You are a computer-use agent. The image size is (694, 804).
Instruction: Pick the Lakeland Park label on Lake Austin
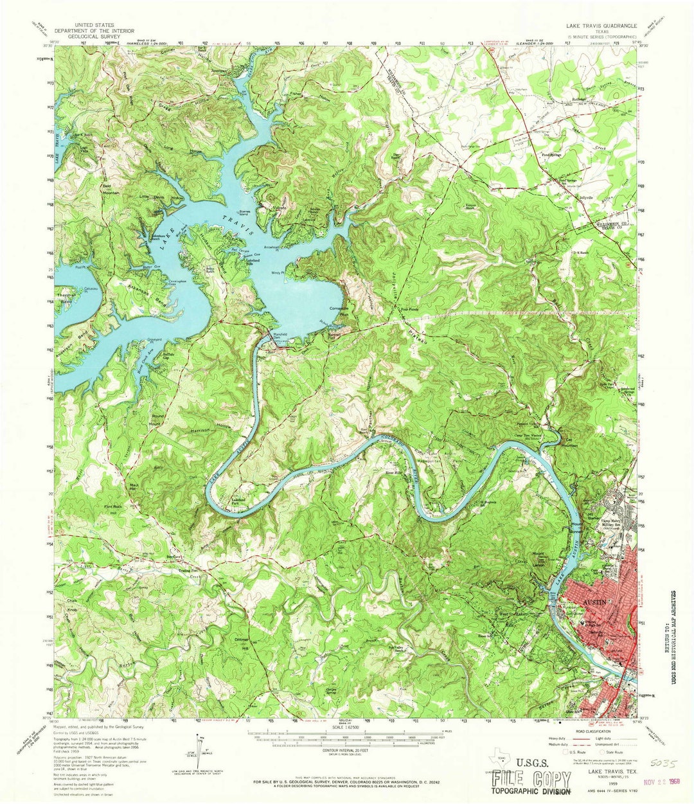(x=239, y=501)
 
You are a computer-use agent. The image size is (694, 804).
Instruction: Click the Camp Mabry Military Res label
(x=616, y=524)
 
